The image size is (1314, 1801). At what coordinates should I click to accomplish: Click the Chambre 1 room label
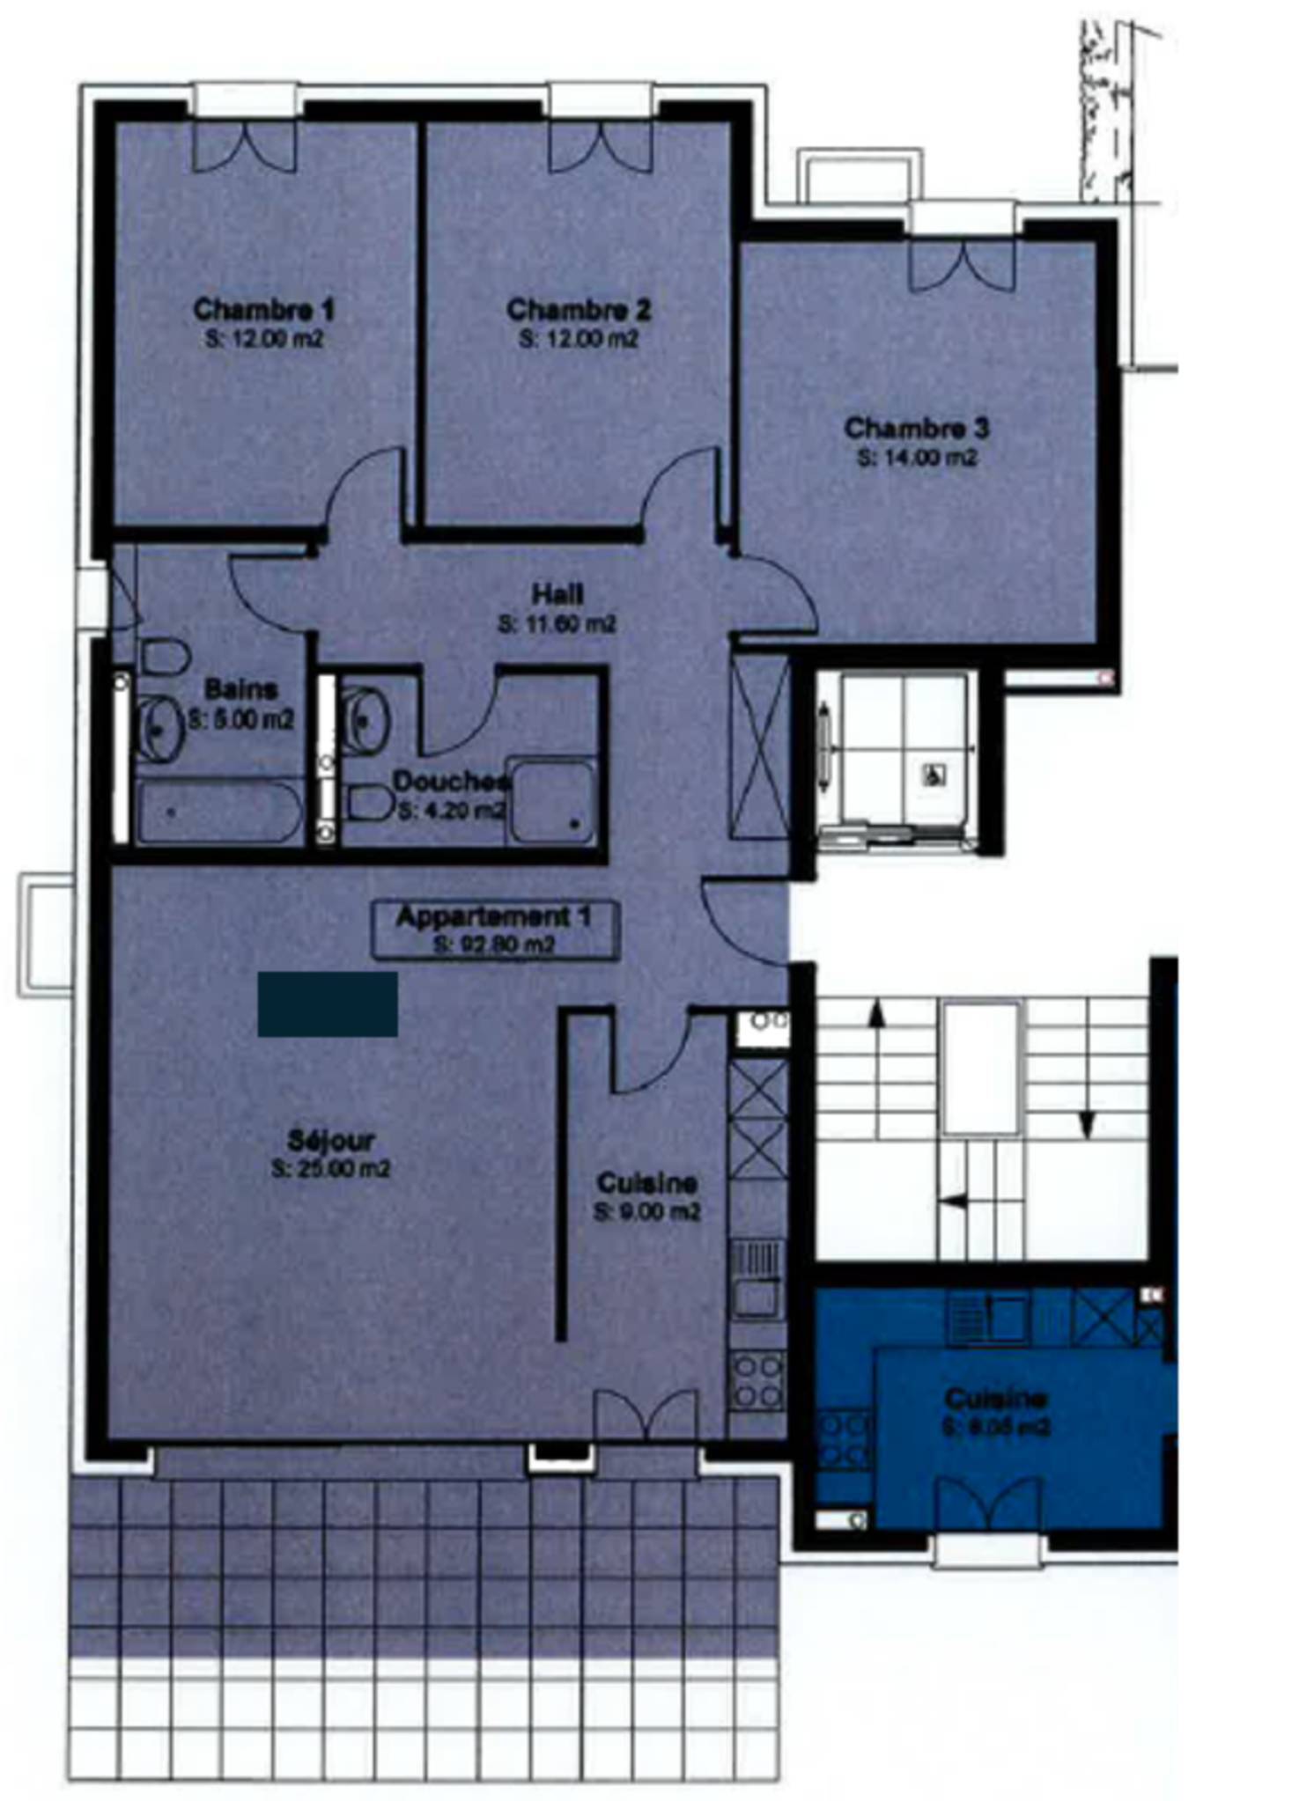263,310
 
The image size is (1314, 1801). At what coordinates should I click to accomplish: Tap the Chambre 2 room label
579,310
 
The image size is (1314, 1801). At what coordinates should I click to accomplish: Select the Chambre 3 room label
916,429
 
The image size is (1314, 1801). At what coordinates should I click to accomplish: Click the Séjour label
331,1141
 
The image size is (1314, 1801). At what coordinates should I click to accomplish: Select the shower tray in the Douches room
552,802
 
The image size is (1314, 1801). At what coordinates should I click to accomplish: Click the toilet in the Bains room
165,658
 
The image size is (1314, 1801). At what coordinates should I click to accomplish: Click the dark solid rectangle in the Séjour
328,1004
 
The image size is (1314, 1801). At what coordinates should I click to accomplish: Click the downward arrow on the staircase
1087,1122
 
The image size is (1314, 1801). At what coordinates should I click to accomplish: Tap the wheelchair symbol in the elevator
933,776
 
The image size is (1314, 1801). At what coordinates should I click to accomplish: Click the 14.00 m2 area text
917,459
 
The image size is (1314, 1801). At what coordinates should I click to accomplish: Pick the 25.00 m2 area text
331,1170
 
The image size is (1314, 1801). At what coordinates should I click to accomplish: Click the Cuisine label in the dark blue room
995,1398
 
